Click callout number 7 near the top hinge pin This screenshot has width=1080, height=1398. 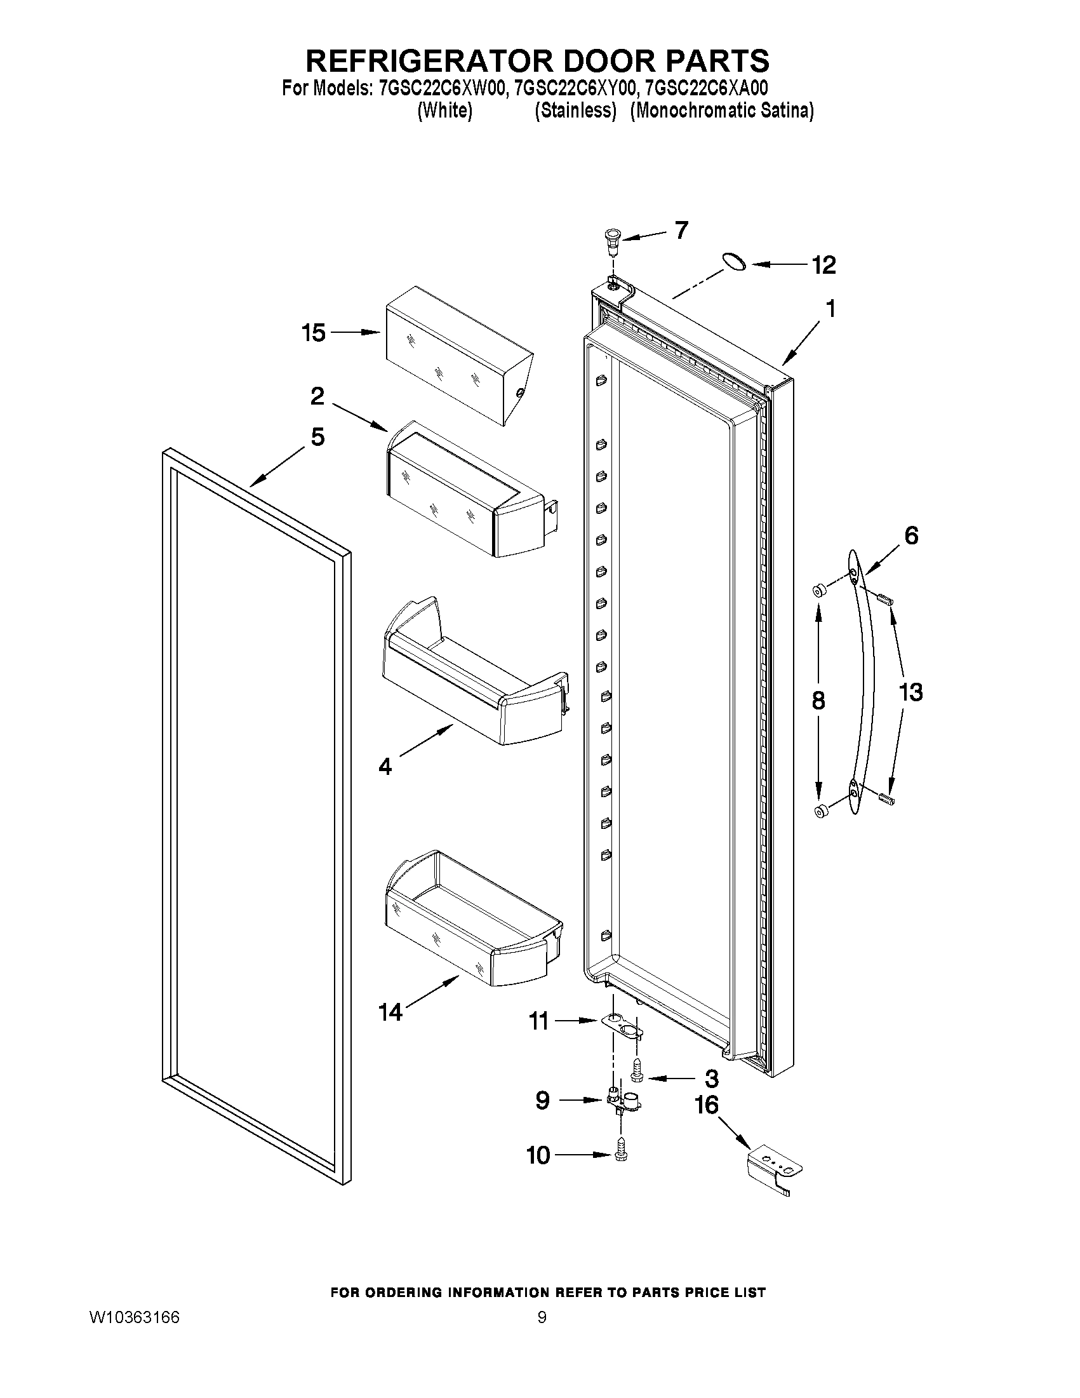tap(681, 230)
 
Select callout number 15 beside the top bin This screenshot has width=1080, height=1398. tap(314, 333)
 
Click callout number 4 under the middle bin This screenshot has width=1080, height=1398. tap(385, 766)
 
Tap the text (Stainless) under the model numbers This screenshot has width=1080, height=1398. tap(575, 111)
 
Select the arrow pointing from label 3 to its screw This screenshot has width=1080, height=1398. tap(671, 1079)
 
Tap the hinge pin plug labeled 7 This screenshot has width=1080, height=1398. tap(611, 243)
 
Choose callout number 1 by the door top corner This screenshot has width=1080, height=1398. tap(830, 309)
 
